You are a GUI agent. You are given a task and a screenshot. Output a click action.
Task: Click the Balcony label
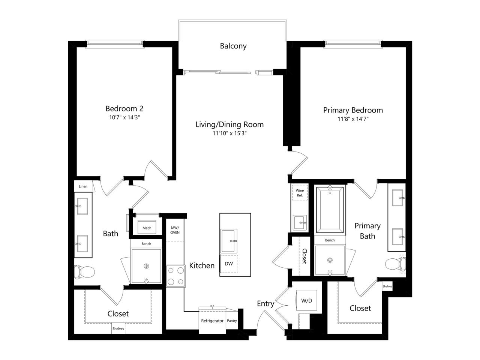pyautogui.click(x=233, y=46)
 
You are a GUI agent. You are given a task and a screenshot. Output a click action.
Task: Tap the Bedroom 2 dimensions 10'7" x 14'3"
pyautogui.click(x=124, y=117)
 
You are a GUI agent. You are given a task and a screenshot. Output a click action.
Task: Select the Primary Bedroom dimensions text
pyautogui.click(x=353, y=119)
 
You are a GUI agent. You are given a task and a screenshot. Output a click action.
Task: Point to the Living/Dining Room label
pyautogui.click(x=229, y=124)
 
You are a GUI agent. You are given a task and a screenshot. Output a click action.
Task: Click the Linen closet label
pyautogui.click(x=83, y=186)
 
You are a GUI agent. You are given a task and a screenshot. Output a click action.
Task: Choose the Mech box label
pyautogui.click(x=147, y=228)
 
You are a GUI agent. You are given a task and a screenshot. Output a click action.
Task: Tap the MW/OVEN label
pyautogui.click(x=175, y=230)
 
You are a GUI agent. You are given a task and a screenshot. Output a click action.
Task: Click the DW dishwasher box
pyautogui.click(x=229, y=263)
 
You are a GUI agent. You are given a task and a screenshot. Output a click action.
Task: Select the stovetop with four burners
pyautogui.click(x=175, y=276)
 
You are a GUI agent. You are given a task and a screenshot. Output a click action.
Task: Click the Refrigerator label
pyautogui.click(x=212, y=321)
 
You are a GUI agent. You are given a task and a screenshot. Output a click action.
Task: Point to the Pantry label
pyautogui.click(x=232, y=320)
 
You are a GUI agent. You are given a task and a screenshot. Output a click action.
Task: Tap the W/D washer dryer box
pyautogui.click(x=306, y=300)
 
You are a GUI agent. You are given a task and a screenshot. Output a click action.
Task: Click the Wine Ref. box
pyautogui.click(x=300, y=193)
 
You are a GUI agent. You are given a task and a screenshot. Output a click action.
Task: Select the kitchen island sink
pyautogui.click(x=229, y=241)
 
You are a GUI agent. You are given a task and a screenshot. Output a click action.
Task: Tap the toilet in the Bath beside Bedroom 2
pyautogui.click(x=84, y=272)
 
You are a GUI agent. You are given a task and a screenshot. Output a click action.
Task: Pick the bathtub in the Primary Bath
pyautogui.click(x=330, y=210)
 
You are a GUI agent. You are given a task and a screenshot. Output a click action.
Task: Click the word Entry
pyautogui.click(x=265, y=304)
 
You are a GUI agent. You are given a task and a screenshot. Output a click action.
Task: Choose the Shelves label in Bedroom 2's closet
pyautogui.click(x=118, y=328)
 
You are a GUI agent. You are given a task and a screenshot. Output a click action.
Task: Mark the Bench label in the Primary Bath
pyautogui.click(x=330, y=240)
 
